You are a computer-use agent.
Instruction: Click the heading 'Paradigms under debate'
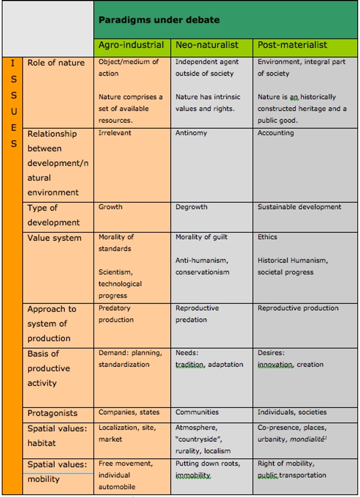click(x=159, y=20)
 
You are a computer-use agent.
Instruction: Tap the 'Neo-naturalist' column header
click(x=206, y=45)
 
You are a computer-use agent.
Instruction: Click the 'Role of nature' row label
click(x=56, y=63)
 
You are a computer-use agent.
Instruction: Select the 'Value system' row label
click(x=54, y=238)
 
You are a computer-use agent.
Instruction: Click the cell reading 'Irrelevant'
click(x=115, y=133)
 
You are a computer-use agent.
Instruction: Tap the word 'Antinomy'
click(x=191, y=133)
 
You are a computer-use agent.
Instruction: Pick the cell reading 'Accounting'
click(x=275, y=133)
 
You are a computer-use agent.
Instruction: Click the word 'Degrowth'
click(x=191, y=207)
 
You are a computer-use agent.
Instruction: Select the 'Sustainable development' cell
click(x=299, y=207)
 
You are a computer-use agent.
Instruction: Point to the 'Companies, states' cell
click(x=128, y=412)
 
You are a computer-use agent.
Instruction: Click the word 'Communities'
click(x=197, y=412)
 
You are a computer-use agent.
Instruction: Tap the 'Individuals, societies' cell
click(x=292, y=412)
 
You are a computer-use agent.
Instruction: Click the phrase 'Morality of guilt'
click(x=202, y=237)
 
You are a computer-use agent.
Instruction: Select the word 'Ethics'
click(x=268, y=237)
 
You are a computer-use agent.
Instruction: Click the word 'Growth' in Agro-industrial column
click(x=110, y=207)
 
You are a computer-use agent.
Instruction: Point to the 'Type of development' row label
click(x=53, y=215)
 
